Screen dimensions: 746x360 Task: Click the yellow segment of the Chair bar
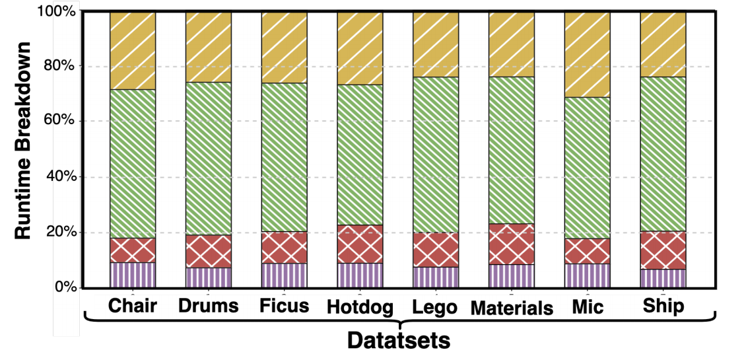tap(133, 50)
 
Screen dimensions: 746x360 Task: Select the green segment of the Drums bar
tap(209, 159)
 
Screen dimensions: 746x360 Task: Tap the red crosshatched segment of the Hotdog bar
tap(360, 244)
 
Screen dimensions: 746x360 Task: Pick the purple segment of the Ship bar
tap(663, 279)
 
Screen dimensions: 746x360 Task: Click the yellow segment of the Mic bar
tap(587, 55)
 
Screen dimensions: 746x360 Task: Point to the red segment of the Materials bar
tap(512, 244)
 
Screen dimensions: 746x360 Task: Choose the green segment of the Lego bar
tap(436, 155)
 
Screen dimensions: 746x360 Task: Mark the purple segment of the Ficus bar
tap(284, 275)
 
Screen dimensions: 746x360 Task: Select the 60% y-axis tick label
tap(59, 121)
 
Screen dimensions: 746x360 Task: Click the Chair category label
tap(133, 306)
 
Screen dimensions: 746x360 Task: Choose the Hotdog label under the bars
tap(360, 308)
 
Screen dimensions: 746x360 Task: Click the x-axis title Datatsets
tap(399, 341)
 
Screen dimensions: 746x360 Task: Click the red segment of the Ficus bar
tap(284, 248)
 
